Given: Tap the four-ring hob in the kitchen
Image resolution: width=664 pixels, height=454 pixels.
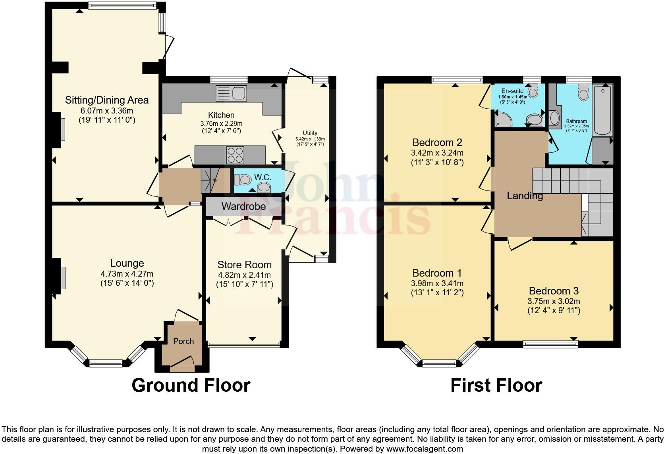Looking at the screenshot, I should [x=235, y=155].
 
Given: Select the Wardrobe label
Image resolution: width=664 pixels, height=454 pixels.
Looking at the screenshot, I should [x=243, y=206].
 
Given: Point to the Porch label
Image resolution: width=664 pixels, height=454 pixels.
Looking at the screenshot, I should [x=183, y=341].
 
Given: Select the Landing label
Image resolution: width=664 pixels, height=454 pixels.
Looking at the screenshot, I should [x=525, y=196].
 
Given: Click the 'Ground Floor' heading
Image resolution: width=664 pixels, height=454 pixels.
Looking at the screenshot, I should [x=191, y=385].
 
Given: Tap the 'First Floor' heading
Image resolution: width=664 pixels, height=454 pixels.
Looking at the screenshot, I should [x=496, y=385].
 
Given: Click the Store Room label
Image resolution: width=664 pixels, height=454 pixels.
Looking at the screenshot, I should [x=244, y=265].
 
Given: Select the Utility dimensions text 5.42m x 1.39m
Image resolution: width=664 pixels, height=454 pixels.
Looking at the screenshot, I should [x=310, y=139].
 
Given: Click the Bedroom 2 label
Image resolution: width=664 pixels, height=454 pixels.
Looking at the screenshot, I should [x=437, y=142].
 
